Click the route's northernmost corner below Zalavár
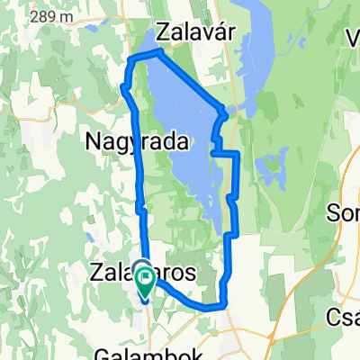point(159,52)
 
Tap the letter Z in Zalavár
point(164,32)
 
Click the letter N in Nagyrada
point(94,141)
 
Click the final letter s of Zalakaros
point(192,273)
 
